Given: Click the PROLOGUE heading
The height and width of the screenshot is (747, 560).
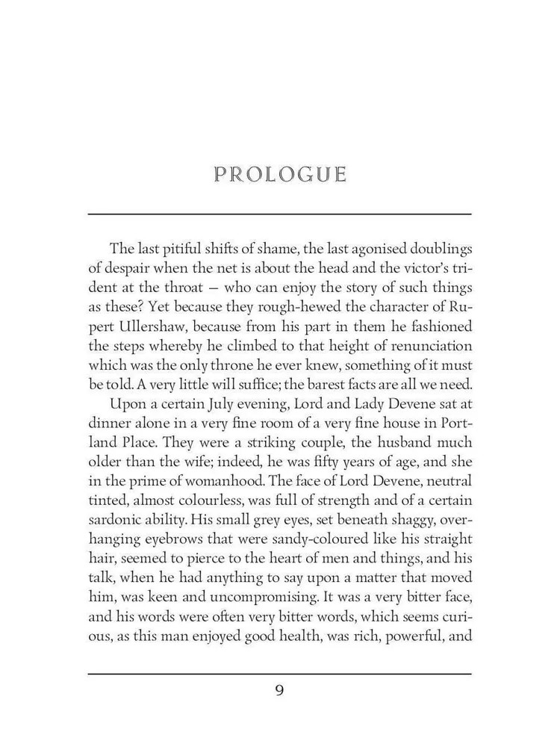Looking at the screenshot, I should coord(280,176).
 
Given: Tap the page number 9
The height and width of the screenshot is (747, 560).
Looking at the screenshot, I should coord(279,689).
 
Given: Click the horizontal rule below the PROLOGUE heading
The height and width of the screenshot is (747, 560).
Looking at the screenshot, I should coord(280,214).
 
